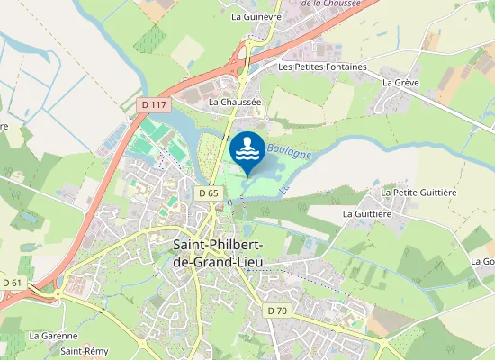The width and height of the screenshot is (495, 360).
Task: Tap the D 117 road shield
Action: pyautogui.click(x=154, y=105)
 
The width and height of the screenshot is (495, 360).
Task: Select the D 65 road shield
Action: pyautogui.click(x=209, y=193)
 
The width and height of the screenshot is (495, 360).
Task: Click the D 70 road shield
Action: pyautogui.click(x=277, y=310)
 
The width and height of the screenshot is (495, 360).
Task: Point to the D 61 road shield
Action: pyautogui.click(x=12, y=283)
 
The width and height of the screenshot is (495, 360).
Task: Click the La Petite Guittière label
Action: pyautogui.click(x=419, y=192)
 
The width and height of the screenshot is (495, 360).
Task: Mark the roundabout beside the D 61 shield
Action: pyautogui.click(x=60, y=293)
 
